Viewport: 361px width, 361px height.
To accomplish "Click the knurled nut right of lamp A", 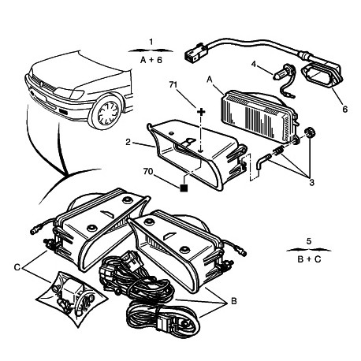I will coord(310,132).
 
